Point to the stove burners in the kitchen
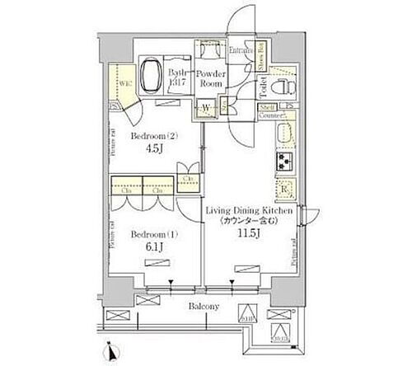pos(286,160)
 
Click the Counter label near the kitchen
pos(267,117)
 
